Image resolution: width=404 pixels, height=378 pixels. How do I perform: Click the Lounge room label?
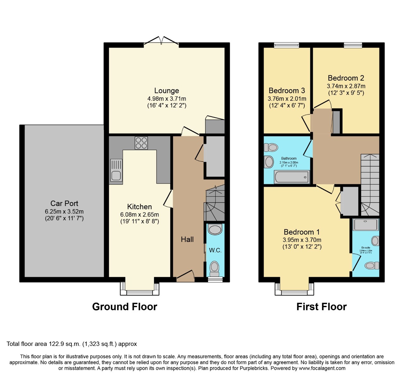click(x=167, y=91)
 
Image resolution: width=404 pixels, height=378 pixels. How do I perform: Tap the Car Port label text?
click(x=64, y=203)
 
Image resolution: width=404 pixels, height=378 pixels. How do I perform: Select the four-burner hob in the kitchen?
click(x=141, y=143)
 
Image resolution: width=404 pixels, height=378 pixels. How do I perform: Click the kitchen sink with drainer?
click(x=116, y=170)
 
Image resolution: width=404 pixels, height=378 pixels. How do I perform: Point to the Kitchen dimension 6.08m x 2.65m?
click(x=140, y=215)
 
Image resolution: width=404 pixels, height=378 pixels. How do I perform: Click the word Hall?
click(x=187, y=239)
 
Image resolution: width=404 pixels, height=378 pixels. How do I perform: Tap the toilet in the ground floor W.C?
click(x=215, y=266)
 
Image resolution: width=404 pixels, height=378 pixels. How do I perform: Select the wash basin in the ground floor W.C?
click(x=215, y=230)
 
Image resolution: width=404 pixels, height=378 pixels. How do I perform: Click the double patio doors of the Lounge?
click(x=161, y=41)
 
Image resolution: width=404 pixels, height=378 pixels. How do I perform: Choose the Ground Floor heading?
click(x=125, y=306)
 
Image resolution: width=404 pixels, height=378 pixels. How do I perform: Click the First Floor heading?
click(x=321, y=306)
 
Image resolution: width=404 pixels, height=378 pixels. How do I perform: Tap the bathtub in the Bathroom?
click(x=292, y=177)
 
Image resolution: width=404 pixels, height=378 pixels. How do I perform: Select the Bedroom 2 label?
click(x=346, y=78)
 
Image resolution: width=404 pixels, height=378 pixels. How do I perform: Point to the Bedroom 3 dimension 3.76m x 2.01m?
click(x=287, y=99)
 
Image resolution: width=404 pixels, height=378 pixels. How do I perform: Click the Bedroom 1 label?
click(x=302, y=232)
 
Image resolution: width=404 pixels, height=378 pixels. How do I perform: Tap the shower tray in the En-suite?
click(x=366, y=225)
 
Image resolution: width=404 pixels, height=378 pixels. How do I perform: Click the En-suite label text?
click(x=365, y=248)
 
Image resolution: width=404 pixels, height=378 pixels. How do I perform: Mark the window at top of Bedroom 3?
click(x=286, y=45)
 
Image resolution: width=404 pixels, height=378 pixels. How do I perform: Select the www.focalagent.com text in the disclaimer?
click(x=322, y=368)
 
